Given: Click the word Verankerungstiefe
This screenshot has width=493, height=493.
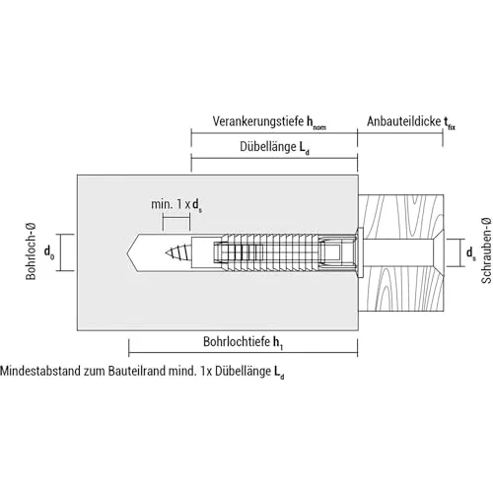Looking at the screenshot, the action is click(x=258, y=121).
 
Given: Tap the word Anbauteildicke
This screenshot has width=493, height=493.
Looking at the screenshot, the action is click(x=404, y=121).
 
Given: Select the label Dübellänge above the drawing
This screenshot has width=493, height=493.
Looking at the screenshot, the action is click(x=268, y=147).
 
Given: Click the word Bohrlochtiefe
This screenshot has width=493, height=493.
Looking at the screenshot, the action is click(x=237, y=341).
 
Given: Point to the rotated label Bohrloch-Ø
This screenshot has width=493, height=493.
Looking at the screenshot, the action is click(x=31, y=251).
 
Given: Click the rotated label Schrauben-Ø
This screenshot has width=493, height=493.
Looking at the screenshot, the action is click(x=486, y=250).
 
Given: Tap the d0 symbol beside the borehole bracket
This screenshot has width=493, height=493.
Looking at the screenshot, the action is click(x=49, y=252).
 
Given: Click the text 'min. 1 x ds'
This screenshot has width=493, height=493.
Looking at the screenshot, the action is click(x=176, y=205).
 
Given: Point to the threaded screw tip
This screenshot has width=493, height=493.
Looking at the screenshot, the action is click(x=178, y=252).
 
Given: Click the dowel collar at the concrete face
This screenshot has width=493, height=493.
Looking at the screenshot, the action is click(x=360, y=252).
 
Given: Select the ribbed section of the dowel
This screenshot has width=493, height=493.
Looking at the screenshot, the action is click(x=270, y=252).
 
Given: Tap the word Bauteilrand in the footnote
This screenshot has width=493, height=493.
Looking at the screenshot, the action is click(x=137, y=371).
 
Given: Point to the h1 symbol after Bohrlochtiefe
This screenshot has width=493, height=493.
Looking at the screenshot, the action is click(x=278, y=342).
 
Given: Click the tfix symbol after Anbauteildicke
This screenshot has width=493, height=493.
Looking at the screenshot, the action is click(x=450, y=123).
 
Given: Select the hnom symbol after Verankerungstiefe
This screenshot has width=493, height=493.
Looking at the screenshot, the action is click(x=317, y=123).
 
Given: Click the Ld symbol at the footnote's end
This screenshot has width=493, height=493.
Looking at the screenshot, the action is click(x=279, y=373).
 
